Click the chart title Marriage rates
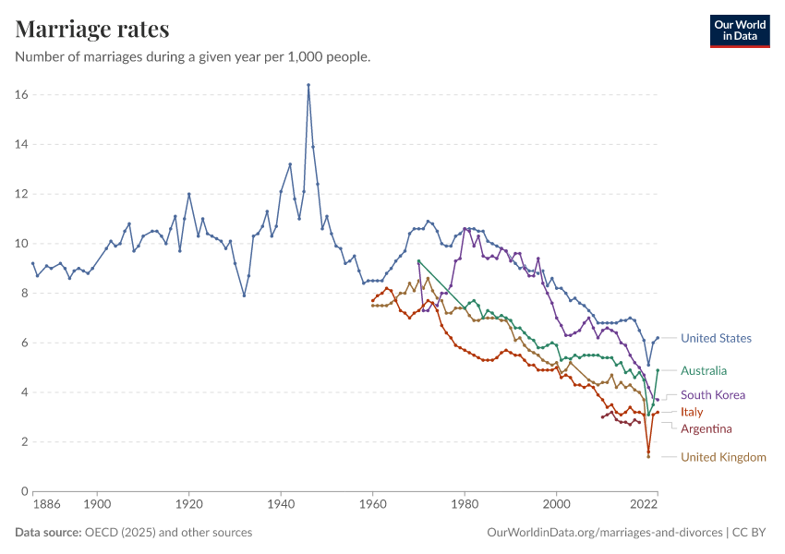tap(92, 29)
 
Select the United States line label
tap(716, 339)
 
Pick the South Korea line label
tap(713, 395)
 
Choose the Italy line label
tap(692, 412)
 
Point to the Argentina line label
tap(706, 428)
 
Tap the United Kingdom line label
tap(723, 457)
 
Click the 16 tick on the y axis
tap(21, 95)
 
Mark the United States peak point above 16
tap(308, 85)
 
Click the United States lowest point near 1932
tap(244, 295)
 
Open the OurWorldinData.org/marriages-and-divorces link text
tap(604, 533)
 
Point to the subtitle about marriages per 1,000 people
tap(193, 57)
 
